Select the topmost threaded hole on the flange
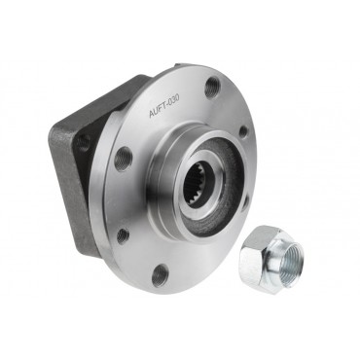pos(211,87)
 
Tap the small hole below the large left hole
pos(123,234)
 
